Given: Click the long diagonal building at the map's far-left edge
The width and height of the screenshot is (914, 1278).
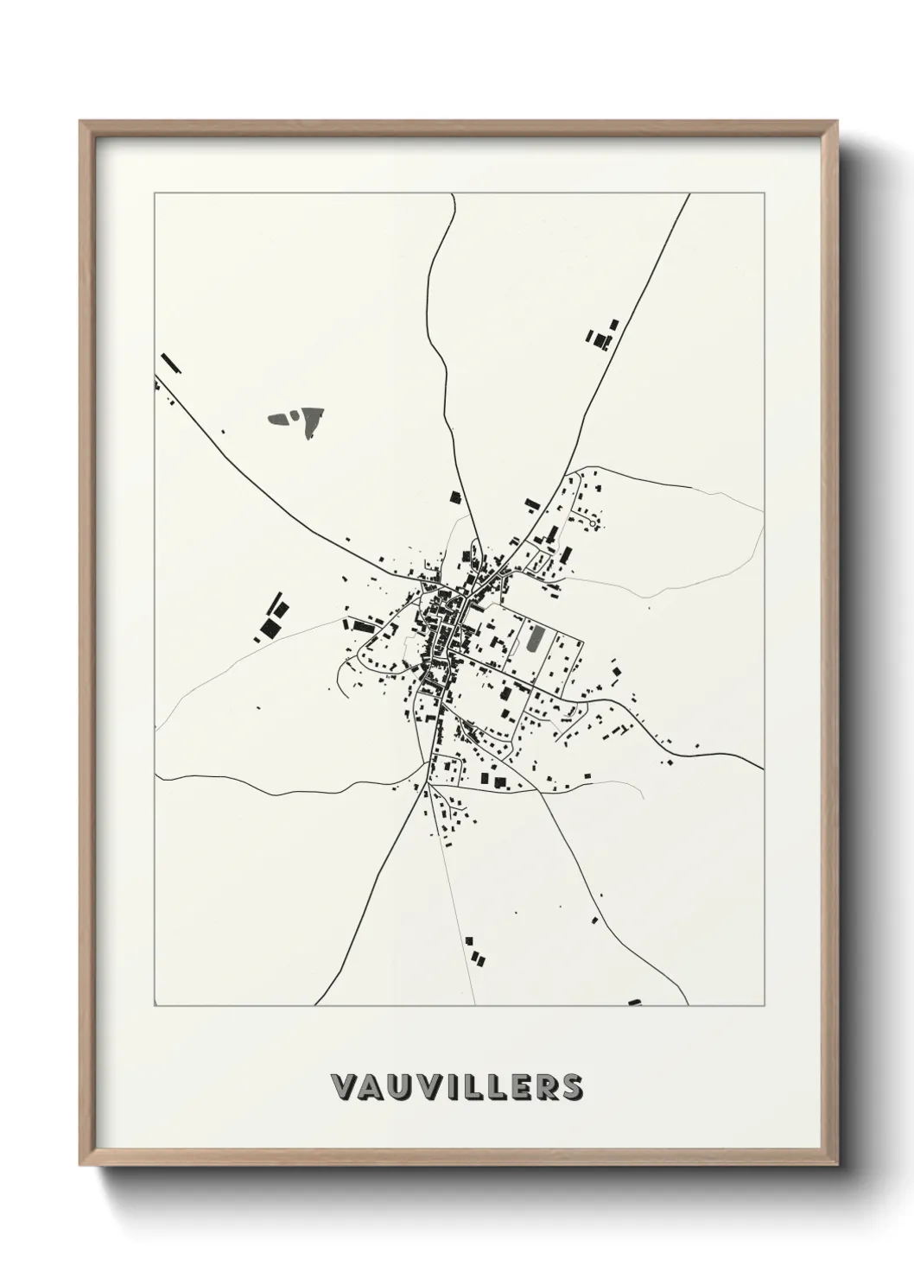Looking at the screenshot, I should [x=169, y=363].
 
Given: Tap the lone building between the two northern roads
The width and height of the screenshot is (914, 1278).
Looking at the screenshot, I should [x=454, y=497].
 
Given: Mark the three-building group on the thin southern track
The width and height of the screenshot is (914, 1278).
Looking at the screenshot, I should [x=474, y=951].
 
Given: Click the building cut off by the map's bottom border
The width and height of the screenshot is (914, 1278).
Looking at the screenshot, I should [x=635, y=1003].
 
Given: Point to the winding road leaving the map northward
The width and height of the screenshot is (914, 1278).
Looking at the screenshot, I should [x=435, y=285].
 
